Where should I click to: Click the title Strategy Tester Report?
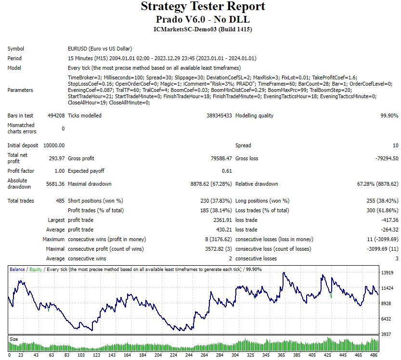(x=203, y=7)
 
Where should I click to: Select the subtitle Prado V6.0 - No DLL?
(x=203, y=19)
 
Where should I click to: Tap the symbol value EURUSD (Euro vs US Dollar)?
(x=100, y=49)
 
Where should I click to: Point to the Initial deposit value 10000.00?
(x=54, y=145)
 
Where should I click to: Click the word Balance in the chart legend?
(x=17, y=270)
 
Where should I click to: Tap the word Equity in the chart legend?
(x=36, y=270)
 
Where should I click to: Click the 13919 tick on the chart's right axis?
(x=388, y=273)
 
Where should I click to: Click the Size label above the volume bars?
(x=14, y=339)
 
